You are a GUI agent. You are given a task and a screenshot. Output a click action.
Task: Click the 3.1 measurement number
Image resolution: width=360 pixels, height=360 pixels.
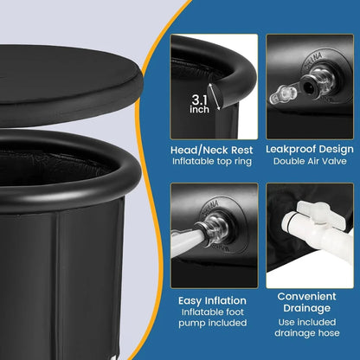[199, 100]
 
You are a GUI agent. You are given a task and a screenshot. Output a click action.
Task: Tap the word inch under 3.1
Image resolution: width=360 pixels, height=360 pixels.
[199, 109]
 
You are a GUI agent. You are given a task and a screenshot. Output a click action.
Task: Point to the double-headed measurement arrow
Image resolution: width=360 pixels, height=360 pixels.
[215, 96]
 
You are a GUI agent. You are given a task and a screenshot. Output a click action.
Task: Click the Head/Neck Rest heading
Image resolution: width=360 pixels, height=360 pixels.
[211, 150]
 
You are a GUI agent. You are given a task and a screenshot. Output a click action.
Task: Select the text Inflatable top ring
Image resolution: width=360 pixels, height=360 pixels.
[212, 161]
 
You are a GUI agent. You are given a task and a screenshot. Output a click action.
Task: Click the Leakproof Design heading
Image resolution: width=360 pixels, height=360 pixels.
[310, 149]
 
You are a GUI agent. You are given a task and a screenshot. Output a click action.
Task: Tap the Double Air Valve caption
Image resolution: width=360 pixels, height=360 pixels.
[310, 161]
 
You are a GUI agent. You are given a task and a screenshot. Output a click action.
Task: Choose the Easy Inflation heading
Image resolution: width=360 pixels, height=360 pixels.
[212, 300]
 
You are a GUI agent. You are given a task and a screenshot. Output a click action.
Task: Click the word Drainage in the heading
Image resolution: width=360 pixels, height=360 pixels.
[306, 308]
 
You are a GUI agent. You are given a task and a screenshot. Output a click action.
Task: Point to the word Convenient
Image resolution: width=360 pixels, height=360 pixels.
[306, 296]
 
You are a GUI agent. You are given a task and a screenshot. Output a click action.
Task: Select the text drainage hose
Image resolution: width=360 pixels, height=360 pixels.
[307, 333]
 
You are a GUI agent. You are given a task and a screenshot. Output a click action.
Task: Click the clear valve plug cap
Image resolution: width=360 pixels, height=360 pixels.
[283, 94]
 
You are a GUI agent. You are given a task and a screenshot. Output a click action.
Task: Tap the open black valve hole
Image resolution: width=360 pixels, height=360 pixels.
[309, 85]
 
